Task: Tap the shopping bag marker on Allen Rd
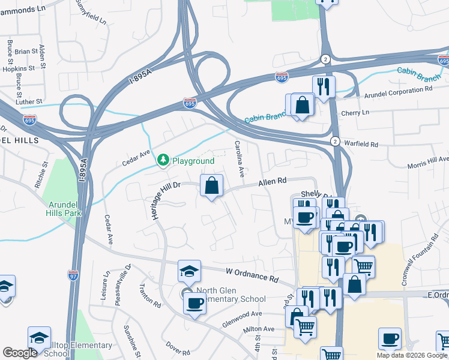click(x=211, y=185)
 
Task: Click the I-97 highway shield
click(x=73, y=275)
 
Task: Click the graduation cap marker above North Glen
click(x=189, y=271)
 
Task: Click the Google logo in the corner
click(x=20, y=353)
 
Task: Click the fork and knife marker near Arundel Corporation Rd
click(x=324, y=86)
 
